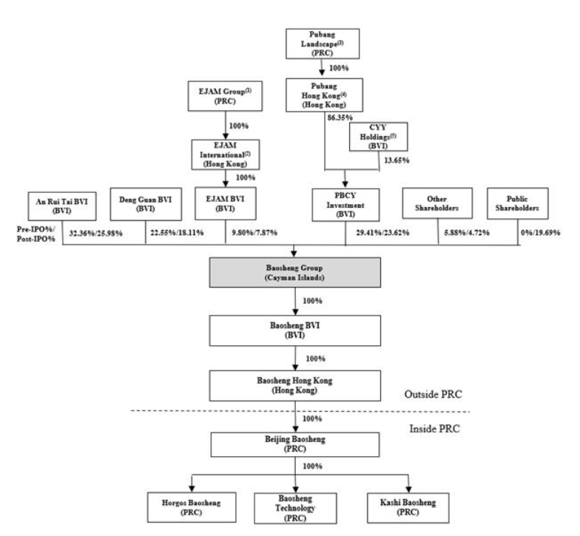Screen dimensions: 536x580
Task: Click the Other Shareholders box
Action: (x=438, y=203)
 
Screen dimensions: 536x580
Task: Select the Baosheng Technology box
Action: (x=300, y=508)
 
